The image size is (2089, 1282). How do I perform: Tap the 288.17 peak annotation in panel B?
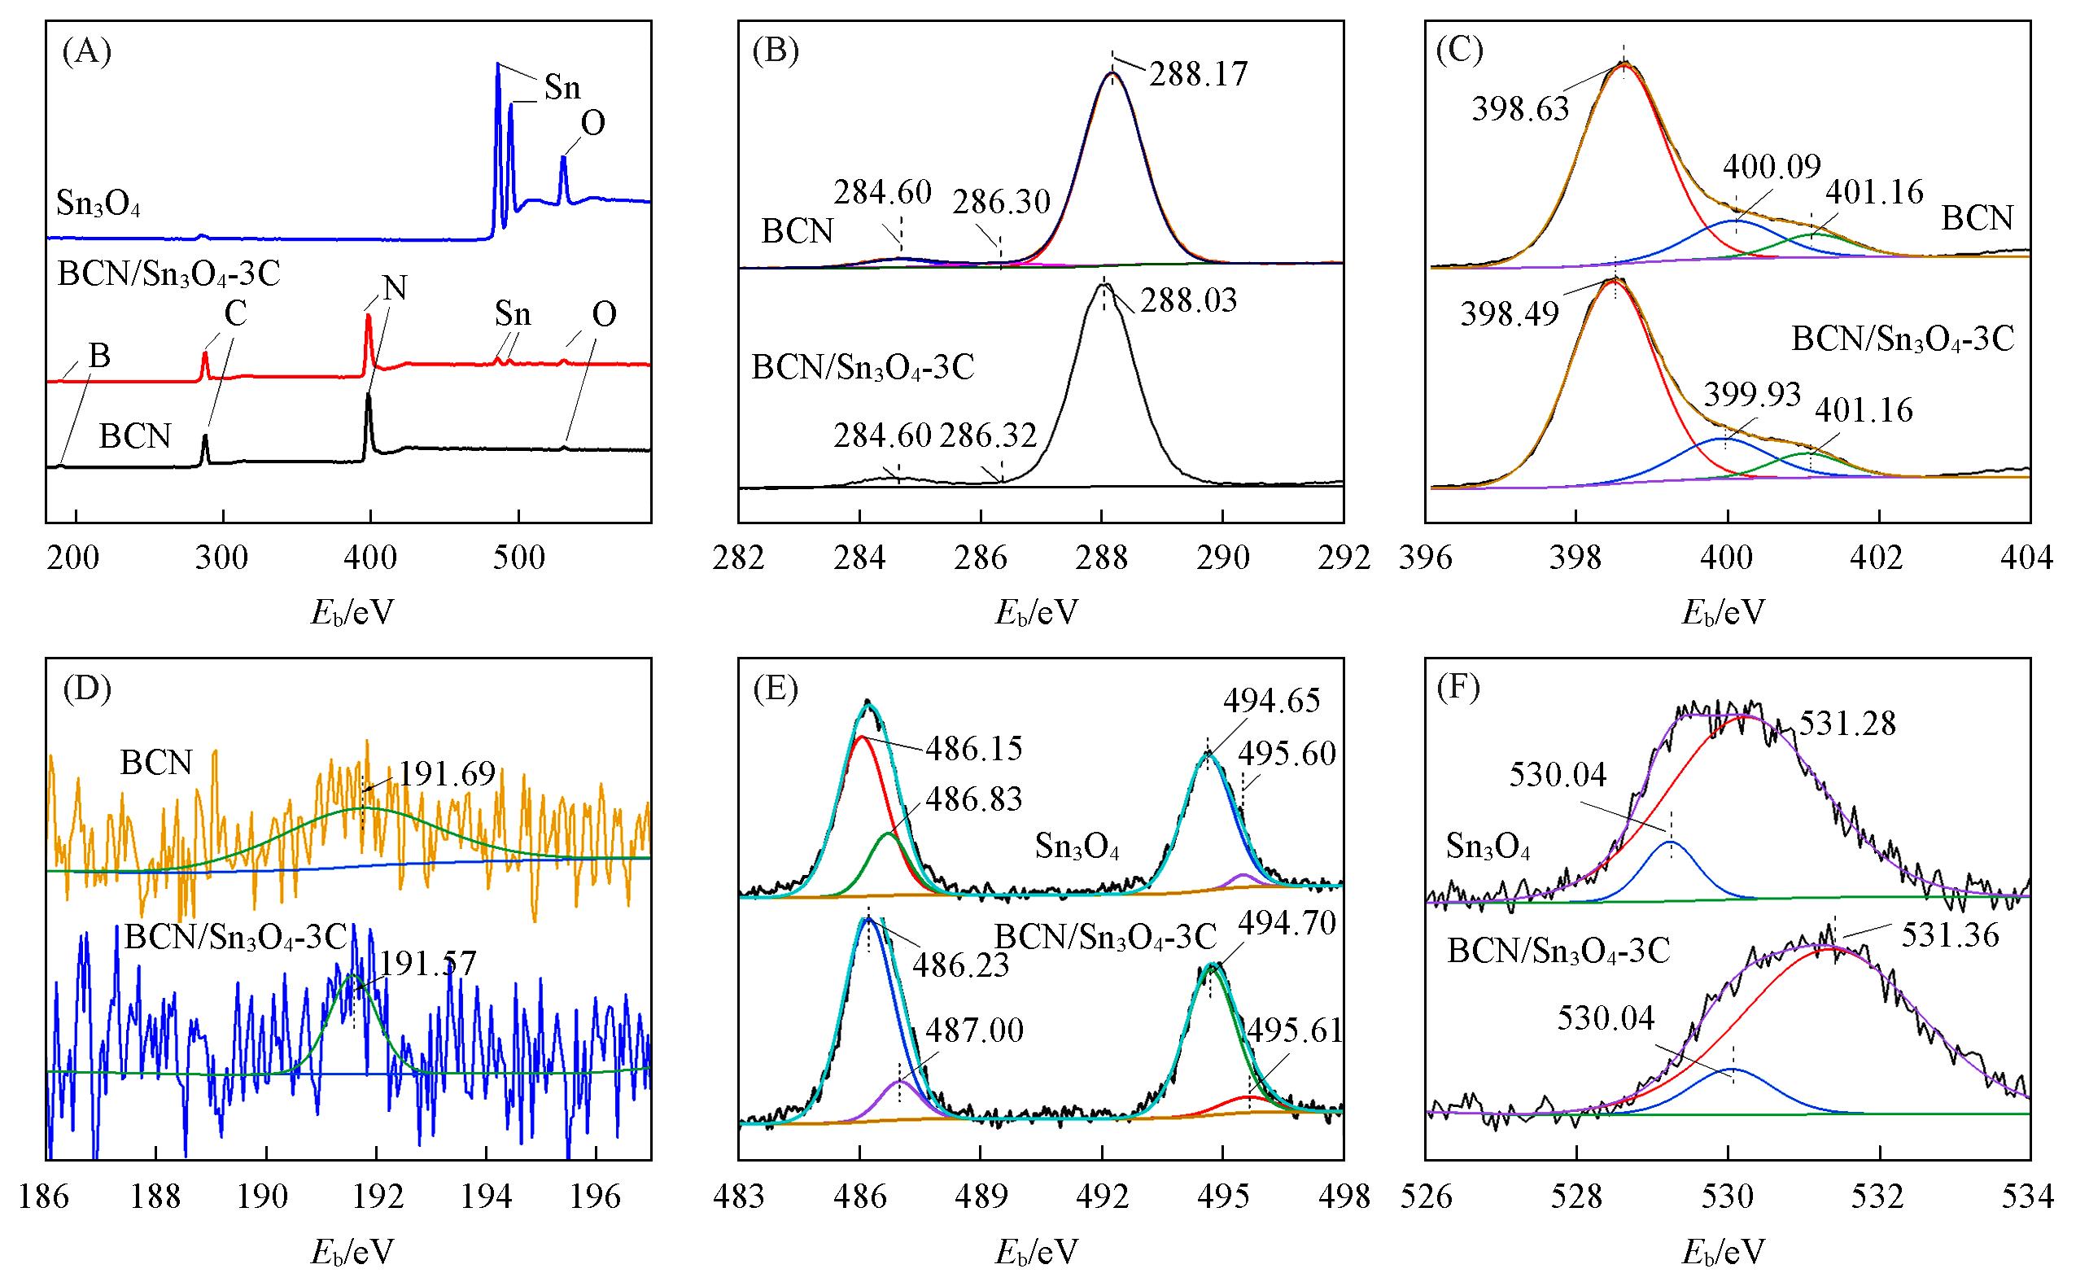(x=1199, y=75)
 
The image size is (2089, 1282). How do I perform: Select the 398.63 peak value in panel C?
(x=1521, y=109)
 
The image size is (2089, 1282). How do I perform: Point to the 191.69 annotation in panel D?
(x=447, y=773)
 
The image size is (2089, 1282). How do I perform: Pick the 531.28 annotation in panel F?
(x=1846, y=724)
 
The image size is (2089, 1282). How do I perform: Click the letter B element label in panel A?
(x=99, y=357)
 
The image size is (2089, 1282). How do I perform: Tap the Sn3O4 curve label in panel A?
(x=98, y=204)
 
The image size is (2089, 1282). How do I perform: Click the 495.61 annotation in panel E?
(x=1296, y=1030)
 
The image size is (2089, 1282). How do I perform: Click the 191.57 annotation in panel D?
(x=428, y=964)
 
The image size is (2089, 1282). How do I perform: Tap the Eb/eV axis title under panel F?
(x=1723, y=1252)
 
